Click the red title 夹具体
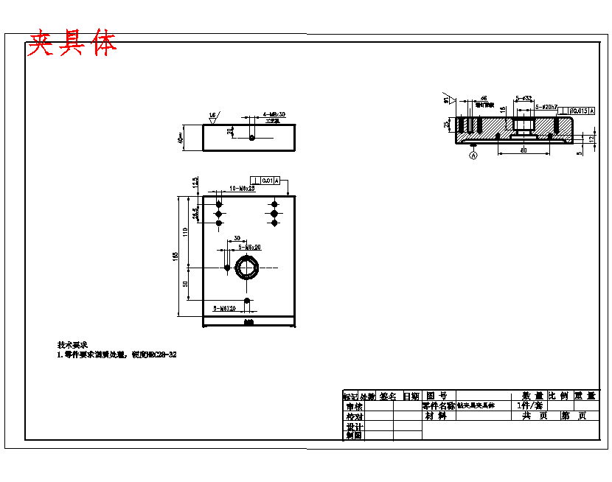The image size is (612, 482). [x=72, y=44]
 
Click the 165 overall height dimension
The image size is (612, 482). [x=175, y=256]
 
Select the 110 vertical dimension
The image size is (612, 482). [x=186, y=231]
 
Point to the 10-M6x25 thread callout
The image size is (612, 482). [x=241, y=189]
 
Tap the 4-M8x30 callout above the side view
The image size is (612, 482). [x=274, y=114]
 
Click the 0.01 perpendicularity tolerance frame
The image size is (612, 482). [x=266, y=180]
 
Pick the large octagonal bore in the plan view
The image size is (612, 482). [x=248, y=267]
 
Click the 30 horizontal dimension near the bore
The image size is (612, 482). [x=237, y=238]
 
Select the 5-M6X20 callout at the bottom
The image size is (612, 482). [x=224, y=308]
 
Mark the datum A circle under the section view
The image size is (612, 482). [x=473, y=156]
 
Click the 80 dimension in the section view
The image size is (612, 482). [x=524, y=150]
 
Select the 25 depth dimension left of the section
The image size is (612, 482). [x=447, y=125]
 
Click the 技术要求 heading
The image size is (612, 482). [x=72, y=344]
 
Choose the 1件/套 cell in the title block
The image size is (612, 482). [x=529, y=405]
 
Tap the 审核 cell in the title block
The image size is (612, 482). [x=354, y=406]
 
